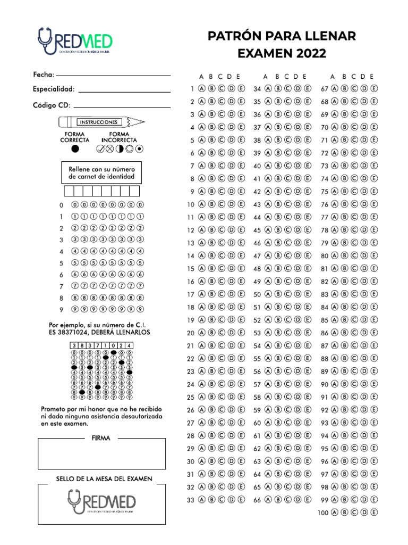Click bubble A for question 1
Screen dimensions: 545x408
pyautogui.click(x=202, y=88)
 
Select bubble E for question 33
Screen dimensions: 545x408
pyautogui.click(x=242, y=500)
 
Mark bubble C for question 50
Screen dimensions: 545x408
pyautogui.click(x=287, y=294)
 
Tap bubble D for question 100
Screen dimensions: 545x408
pyautogui.click(x=365, y=513)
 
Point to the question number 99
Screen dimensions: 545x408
pyautogui.click(x=325, y=500)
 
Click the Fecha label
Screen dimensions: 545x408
pyautogui.click(x=43, y=75)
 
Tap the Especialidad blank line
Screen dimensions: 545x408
pyautogui.click(x=124, y=92)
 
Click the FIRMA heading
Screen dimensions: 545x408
pyautogui.click(x=101, y=438)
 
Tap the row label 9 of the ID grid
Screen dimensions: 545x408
pyautogui.click(x=61, y=309)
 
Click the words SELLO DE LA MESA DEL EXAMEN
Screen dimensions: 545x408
pyautogui.click(x=104, y=478)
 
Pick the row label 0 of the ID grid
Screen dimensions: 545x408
pyautogui.click(x=61, y=205)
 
